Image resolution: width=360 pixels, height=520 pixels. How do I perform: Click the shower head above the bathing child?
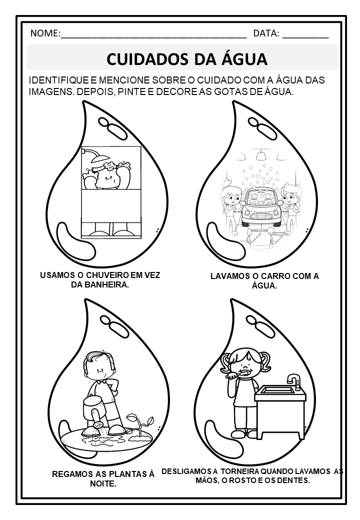coord(95,157)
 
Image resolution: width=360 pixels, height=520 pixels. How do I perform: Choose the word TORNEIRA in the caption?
coord(239,471)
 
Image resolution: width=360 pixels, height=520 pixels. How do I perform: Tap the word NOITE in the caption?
coord(103,484)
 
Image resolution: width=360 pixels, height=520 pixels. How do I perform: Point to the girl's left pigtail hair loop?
coord(226,362)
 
